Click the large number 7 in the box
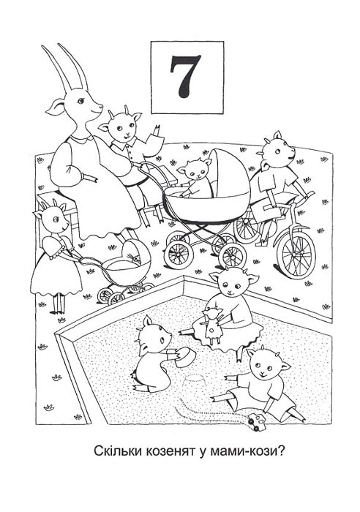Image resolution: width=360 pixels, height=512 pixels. tap(185, 77)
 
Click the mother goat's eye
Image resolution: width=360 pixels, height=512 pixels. tap(80, 101)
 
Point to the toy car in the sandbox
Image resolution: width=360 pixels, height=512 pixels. tap(257, 421)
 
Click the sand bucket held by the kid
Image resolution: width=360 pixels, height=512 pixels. tap(184, 357)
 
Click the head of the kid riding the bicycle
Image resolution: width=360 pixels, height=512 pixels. tap(277, 151)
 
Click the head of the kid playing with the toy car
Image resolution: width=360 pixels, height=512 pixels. tap(267, 366)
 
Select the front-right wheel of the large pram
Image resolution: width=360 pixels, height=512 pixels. tap(233, 255)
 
